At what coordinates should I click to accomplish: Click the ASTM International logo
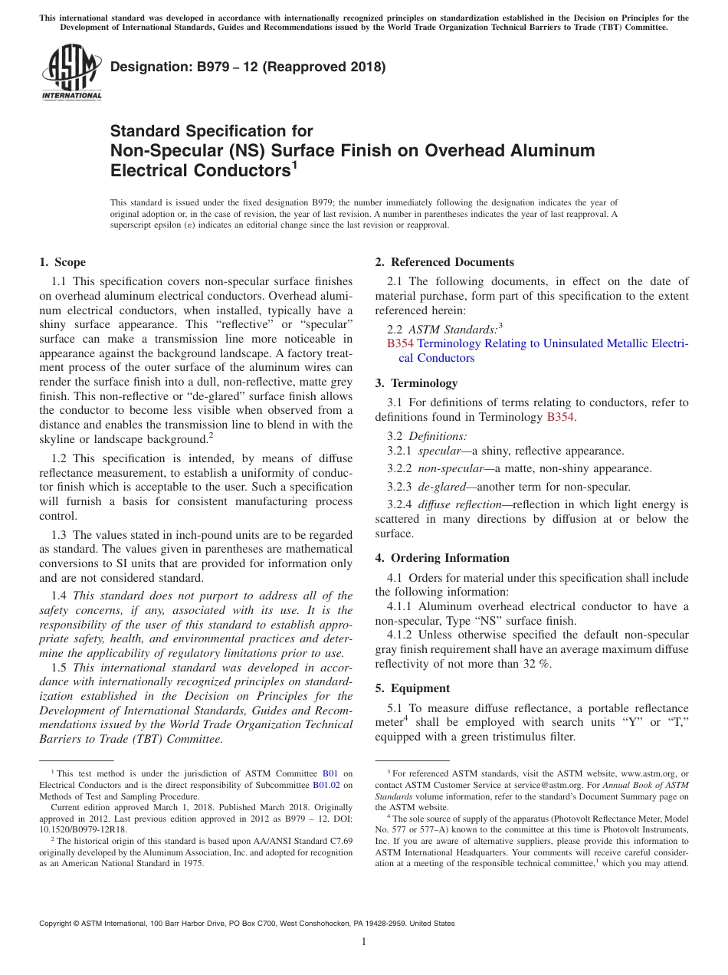(x=71, y=73)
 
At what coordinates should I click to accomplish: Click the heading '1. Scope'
(x=62, y=262)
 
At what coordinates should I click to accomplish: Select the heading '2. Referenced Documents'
(x=444, y=262)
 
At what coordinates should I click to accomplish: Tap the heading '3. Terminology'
(x=416, y=382)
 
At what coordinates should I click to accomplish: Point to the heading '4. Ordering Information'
(x=442, y=558)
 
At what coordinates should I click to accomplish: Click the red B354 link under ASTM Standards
(x=400, y=343)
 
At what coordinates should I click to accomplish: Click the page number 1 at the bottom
(x=364, y=941)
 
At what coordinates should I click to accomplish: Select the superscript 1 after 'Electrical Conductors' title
(x=295, y=163)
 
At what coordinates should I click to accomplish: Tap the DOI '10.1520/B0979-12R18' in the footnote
(x=84, y=829)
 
